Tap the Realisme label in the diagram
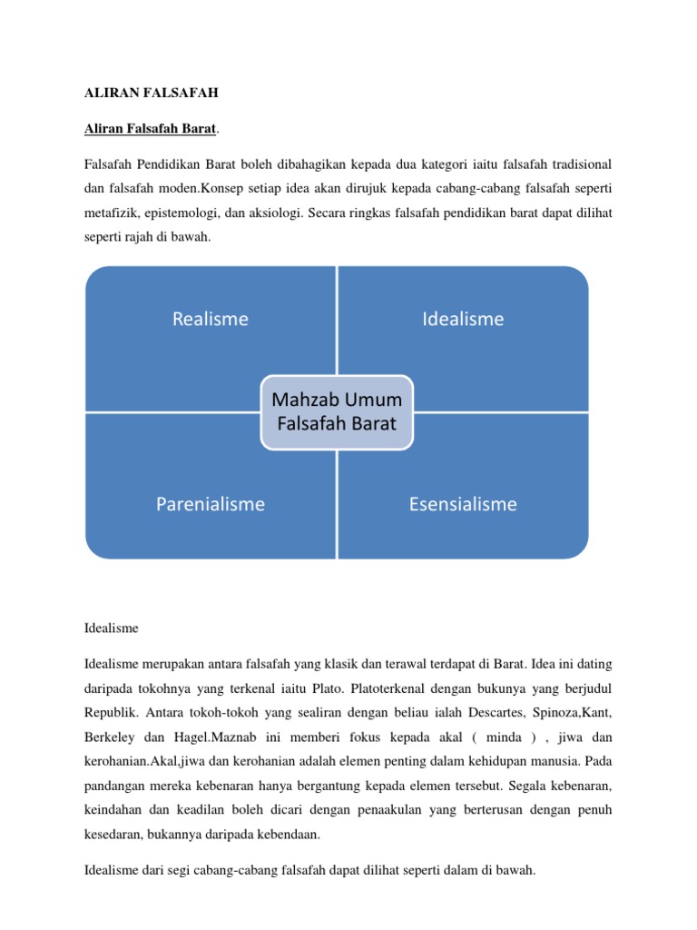coord(211,319)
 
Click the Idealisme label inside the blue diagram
coord(463,319)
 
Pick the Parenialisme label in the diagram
coord(211,504)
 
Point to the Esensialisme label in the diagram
coord(463,504)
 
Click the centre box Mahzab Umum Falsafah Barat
coord(337,411)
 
